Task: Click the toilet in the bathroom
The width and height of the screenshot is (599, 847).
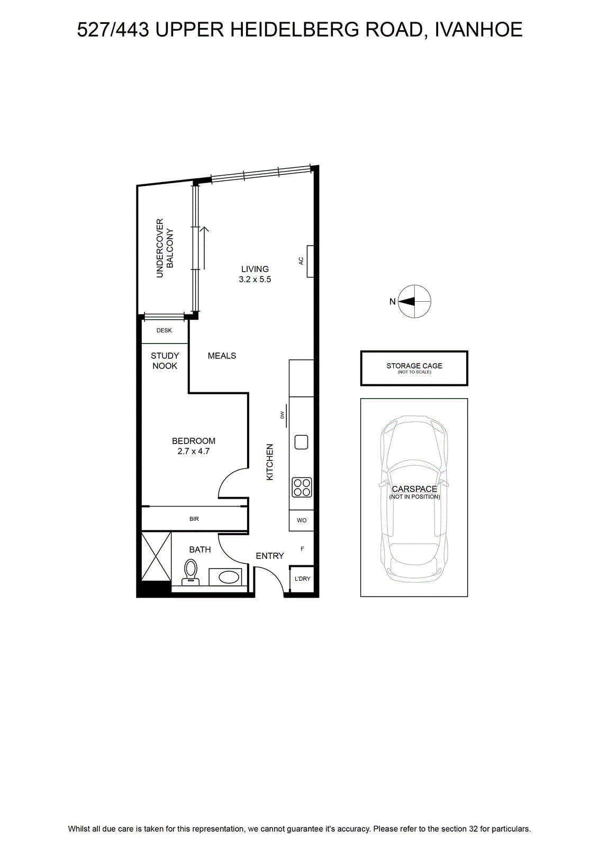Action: pyautogui.click(x=190, y=572)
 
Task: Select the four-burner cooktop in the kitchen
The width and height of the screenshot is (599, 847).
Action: pyautogui.click(x=302, y=488)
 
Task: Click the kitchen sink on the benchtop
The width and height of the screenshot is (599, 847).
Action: pyautogui.click(x=301, y=442)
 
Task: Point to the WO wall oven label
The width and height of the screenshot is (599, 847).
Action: pyautogui.click(x=302, y=520)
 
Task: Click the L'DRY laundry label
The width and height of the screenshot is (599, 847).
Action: pyautogui.click(x=302, y=579)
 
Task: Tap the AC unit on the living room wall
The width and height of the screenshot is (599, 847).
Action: pyautogui.click(x=310, y=262)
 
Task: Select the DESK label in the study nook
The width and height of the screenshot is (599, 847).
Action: pyautogui.click(x=164, y=330)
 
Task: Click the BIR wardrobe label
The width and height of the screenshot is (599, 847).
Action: pyautogui.click(x=194, y=519)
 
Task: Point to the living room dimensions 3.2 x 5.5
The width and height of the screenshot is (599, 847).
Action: pyautogui.click(x=255, y=280)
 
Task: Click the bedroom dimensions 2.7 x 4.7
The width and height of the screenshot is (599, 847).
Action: pyautogui.click(x=194, y=451)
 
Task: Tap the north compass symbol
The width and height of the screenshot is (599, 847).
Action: pyautogui.click(x=414, y=301)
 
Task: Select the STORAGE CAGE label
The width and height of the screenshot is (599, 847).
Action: pyautogui.click(x=414, y=366)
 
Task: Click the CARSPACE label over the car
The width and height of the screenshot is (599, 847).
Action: pyautogui.click(x=414, y=489)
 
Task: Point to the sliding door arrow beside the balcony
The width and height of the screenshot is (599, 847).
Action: pyautogui.click(x=204, y=248)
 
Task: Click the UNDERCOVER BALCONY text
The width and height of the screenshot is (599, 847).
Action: pyautogui.click(x=165, y=248)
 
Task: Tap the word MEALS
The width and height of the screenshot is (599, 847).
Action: pyautogui.click(x=222, y=356)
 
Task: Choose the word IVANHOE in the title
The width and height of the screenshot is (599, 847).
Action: pyautogui.click(x=478, y=30)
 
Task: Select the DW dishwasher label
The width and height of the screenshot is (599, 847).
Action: pyautogui.click(x=282, y=415)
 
